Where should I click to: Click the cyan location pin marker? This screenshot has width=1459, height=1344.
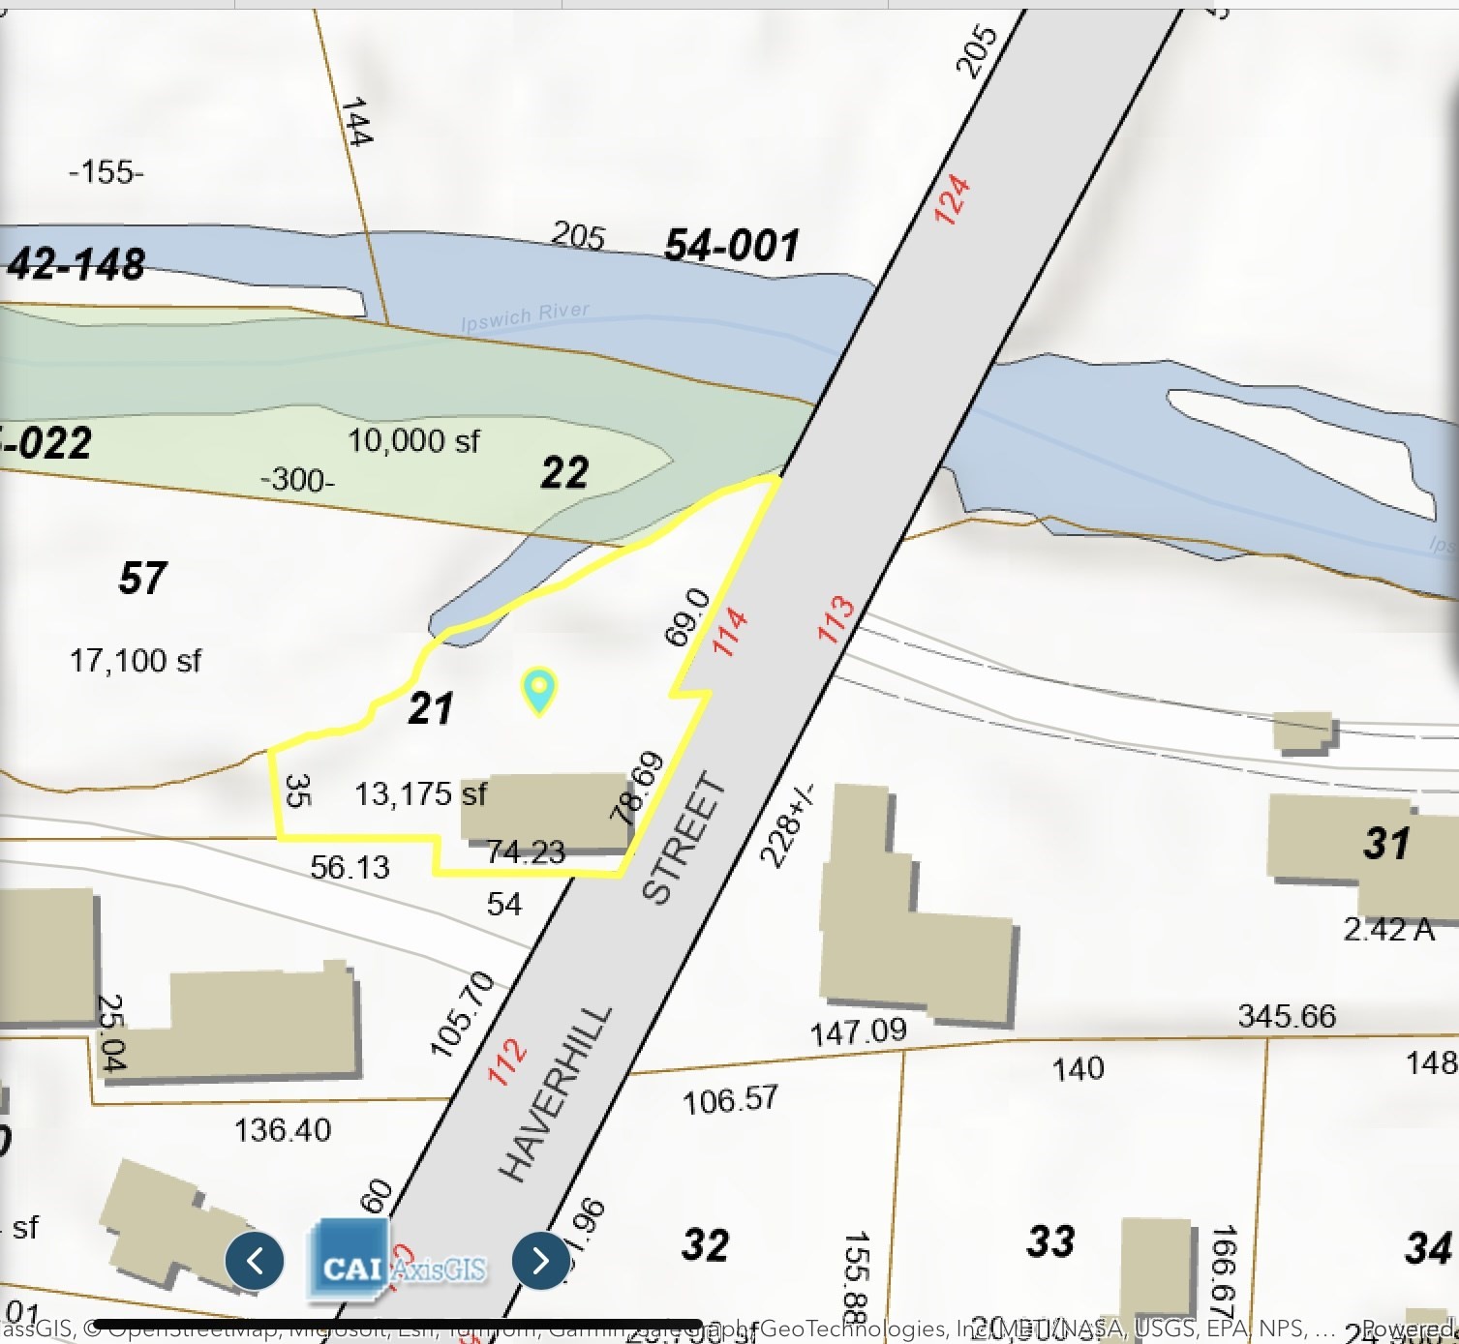(538, 689)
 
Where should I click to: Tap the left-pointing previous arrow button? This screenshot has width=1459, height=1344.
(255, 1260)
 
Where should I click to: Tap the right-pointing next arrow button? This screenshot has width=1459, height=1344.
(540, 1260)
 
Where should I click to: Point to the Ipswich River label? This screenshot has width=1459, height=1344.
(525, 315)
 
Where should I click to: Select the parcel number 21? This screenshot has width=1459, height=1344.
(431, 708)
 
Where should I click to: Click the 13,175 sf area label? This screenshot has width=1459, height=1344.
(420, 794)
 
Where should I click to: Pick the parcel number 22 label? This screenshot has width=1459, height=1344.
(564, 473)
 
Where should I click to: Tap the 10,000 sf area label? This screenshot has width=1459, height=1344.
(413, 441)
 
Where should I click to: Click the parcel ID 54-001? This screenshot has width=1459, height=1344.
(732, 245)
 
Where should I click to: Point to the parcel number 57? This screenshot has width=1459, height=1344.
(142, 579)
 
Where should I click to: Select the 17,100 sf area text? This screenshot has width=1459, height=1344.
(135, 661)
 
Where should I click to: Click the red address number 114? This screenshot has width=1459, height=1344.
(730, 631)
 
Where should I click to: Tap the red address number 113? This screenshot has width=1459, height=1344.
(836, 619)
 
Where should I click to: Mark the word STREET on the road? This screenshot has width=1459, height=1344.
(684, 838)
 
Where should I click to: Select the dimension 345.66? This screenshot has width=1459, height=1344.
(1286, 1016)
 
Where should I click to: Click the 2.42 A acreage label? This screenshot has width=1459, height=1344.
(1388, 929)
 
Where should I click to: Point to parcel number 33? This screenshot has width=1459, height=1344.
(1050, 1240)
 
